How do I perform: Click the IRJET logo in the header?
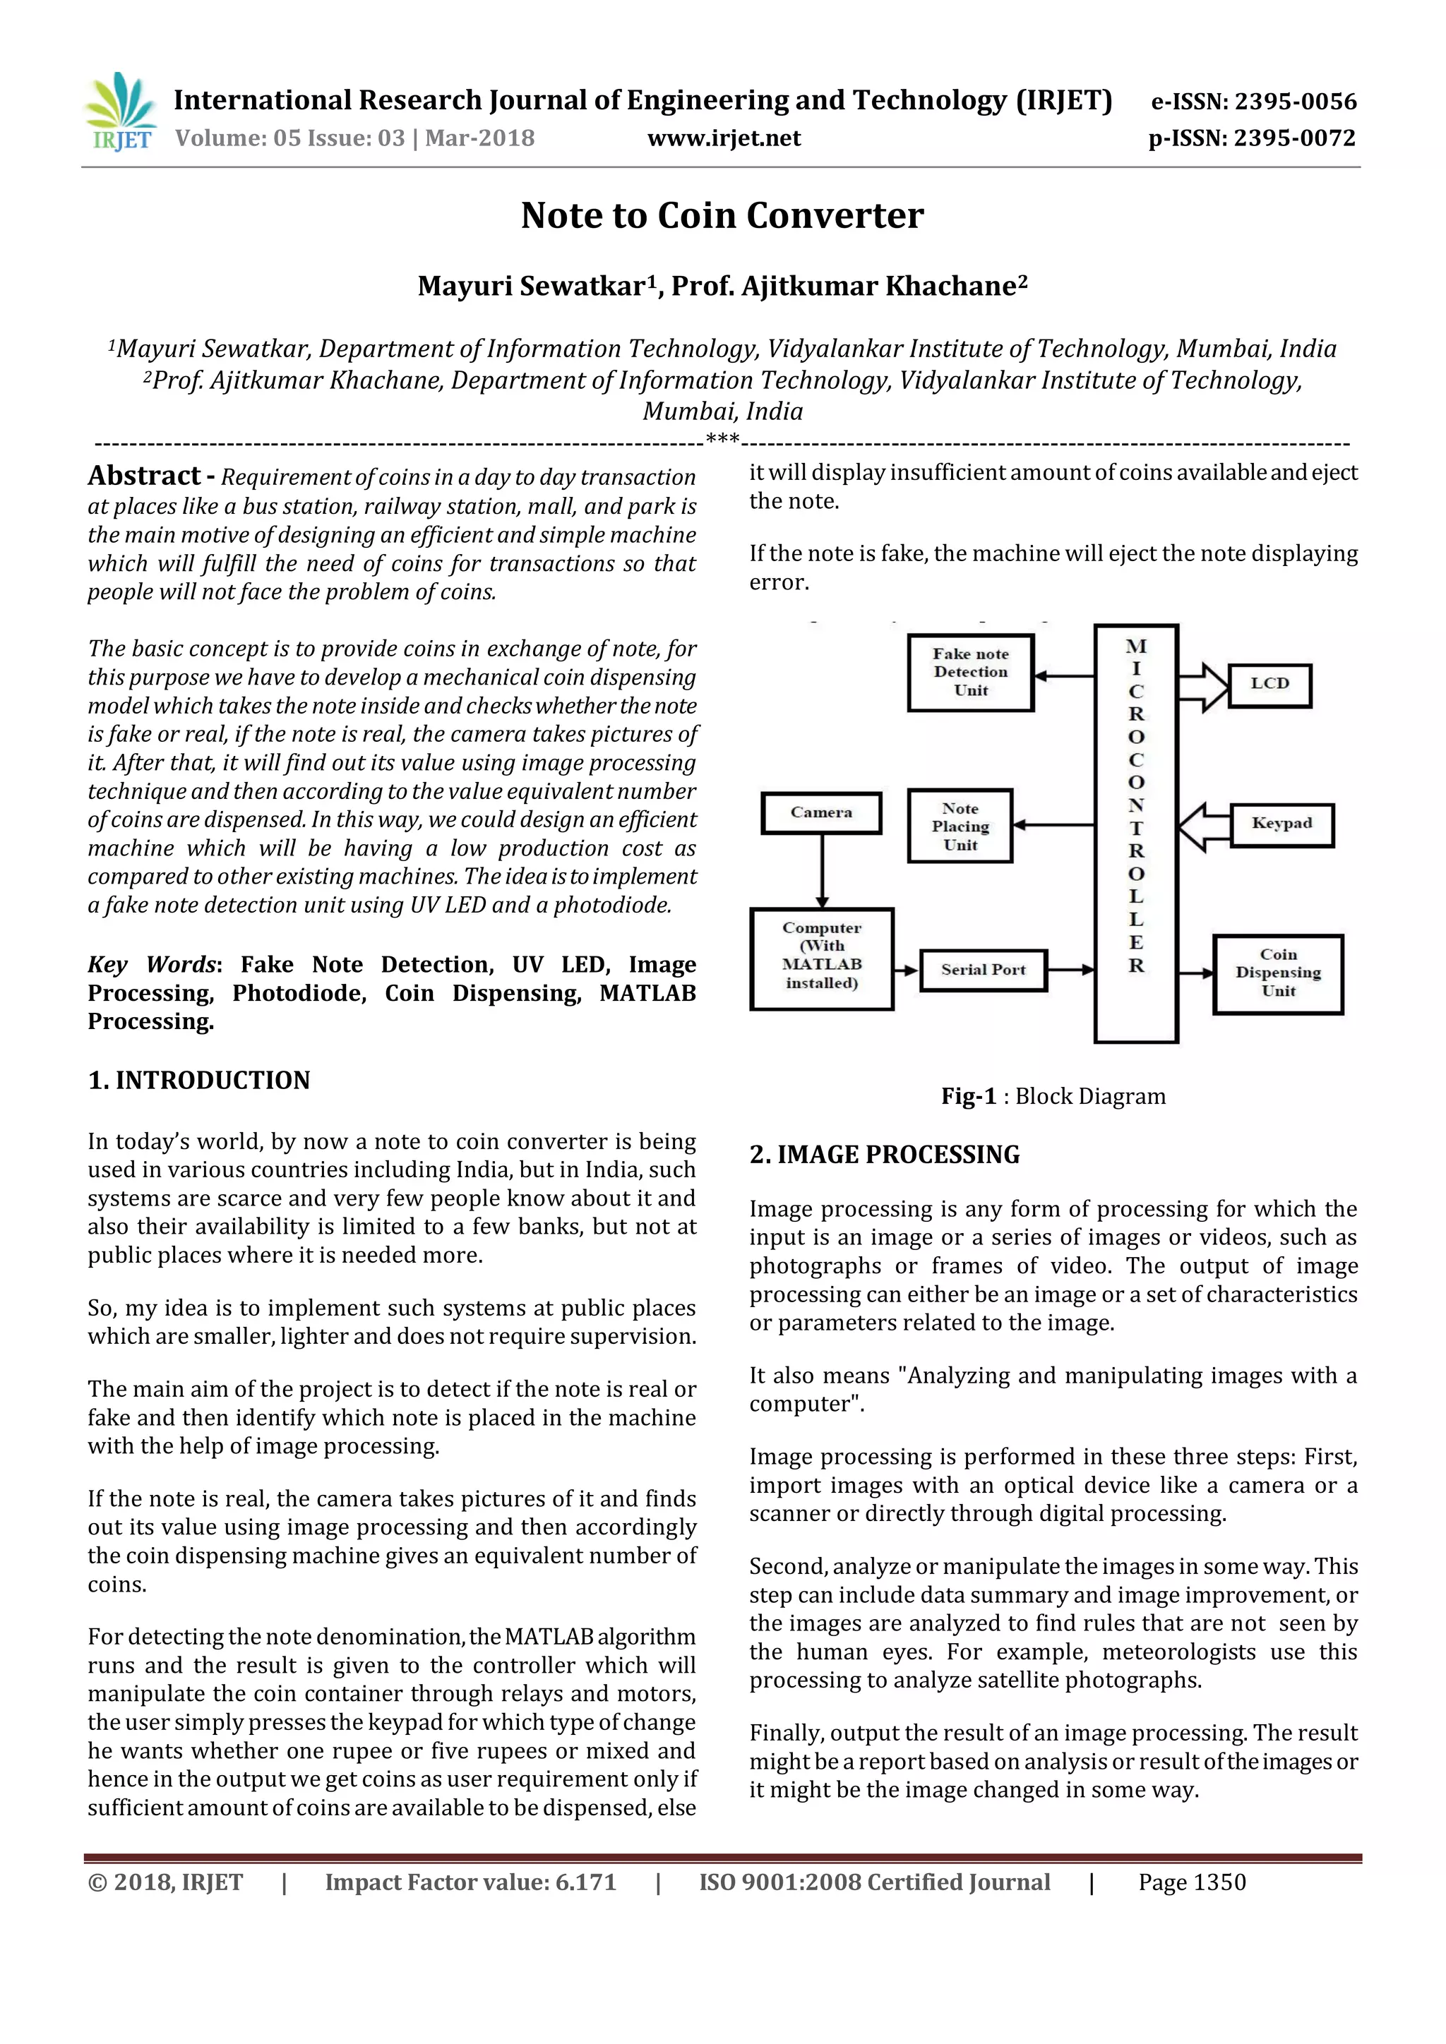pyautogui.click(x=120, y=112)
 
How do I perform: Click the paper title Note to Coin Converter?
pyautogui.click(x=722, y=215)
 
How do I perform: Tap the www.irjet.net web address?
pyautogui.click(x=723, y=138)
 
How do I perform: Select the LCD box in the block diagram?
pyautogui.click(x=1269, y=684)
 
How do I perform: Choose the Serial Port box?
pyautogui.click(x=983, y=970)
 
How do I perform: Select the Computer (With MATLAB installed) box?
pyautogui.click(x=821, y=958)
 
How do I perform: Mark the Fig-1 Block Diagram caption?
pyautogui.click(x=1053, y=1096)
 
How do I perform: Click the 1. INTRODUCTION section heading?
pyautogui.click(x=198, y=1080)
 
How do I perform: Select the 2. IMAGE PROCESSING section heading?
pyautogui.click(x=883, y=1155)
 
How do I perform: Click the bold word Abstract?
pyautogui.click(x=143, y=476)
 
